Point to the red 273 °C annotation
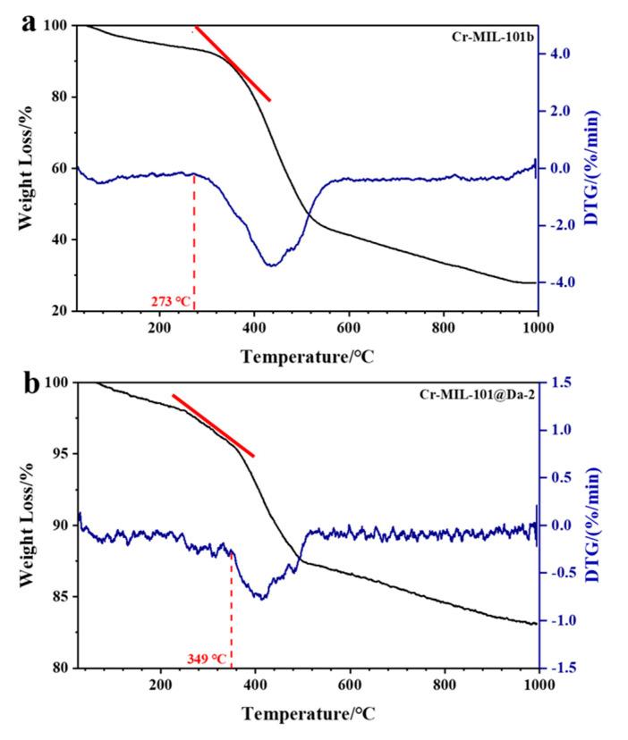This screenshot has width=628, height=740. (170, 301)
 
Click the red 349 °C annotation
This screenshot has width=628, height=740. (208, 660)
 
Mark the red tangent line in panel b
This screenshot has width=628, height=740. (214, 425)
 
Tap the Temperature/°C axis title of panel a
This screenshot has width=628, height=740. (307, 357)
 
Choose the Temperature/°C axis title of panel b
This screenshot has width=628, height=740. (307, 716)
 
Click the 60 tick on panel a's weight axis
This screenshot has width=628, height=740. (64, 168)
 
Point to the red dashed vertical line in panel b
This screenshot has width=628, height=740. (232, 608)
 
